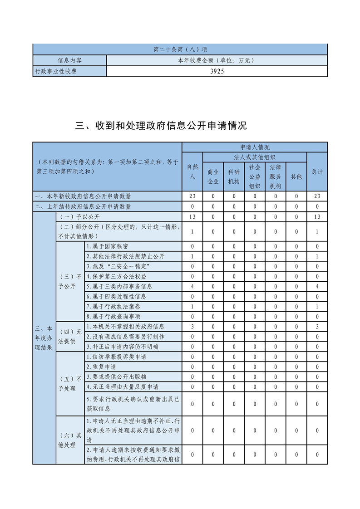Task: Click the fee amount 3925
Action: point(217,71)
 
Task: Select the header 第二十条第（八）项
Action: point(180,49)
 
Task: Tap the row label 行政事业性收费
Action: point(56,71)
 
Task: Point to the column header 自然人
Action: point(192,171)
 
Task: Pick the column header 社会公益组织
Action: point(255,176)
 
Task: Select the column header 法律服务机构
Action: point(276,176)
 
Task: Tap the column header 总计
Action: point(317,171)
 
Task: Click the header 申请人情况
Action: point(255,147)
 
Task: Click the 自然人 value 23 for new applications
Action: point(192,196)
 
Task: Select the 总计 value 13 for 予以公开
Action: point(317,217)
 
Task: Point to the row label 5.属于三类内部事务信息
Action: point(119,287)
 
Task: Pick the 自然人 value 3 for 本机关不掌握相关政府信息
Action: point(192,327)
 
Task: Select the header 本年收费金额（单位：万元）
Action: point(217,60)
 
